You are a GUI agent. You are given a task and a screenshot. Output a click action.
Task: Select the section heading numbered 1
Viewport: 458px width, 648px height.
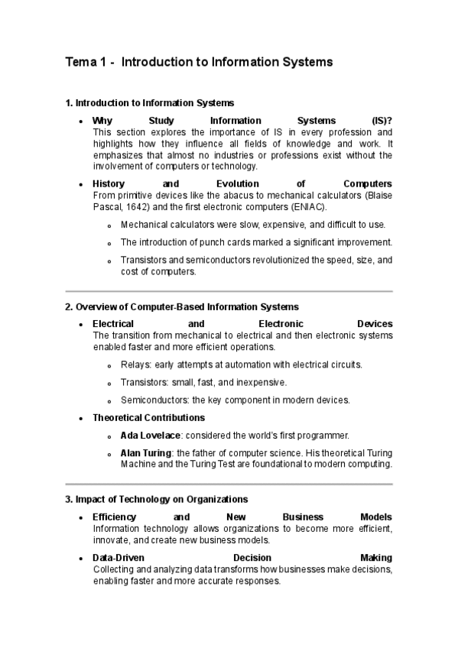[x=150, y=102]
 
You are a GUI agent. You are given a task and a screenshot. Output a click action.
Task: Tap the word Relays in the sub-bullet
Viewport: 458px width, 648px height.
[x=135, y=364]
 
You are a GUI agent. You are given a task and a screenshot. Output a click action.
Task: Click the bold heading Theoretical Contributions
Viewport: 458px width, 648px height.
[x=148, y=418]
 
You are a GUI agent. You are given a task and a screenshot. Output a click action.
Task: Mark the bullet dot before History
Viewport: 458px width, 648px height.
[x=81, y=185]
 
